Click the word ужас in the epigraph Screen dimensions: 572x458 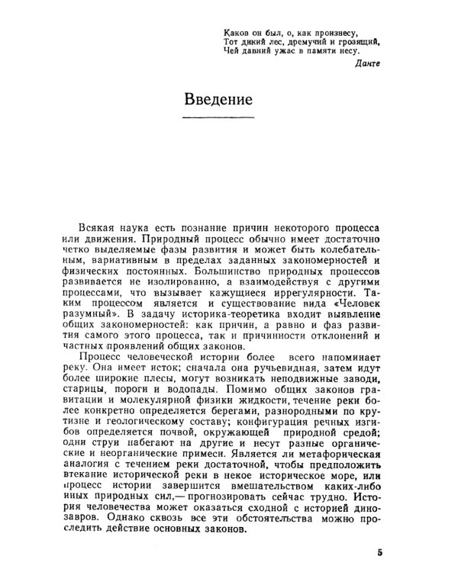click(x=287, y=52)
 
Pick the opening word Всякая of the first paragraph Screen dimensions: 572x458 click(x=99, y=227)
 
